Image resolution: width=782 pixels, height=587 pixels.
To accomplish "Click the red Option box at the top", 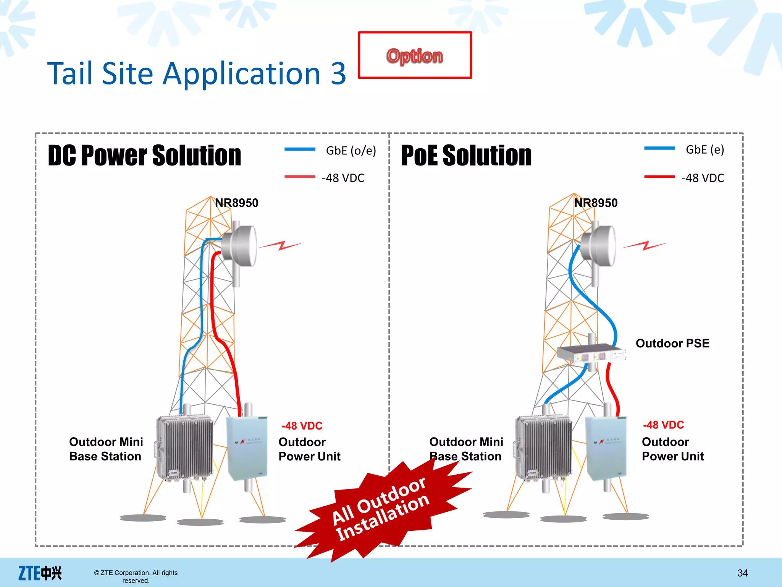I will (x=415, y=55).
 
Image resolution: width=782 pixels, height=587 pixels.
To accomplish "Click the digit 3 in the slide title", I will (x=338, y=73).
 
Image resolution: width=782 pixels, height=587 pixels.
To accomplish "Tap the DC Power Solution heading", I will (x=144, y=156).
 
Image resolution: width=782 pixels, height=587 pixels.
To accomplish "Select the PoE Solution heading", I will (x=466, y=156).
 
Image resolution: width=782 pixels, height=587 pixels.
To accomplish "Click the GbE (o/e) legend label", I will (x=351, y=151).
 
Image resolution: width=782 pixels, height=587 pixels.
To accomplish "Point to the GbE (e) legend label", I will (x=704, y=149).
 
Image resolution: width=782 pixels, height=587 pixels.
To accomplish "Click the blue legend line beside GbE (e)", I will (x=659, y=148).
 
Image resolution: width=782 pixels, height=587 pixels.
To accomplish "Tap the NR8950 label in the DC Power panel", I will (x=236, y=203).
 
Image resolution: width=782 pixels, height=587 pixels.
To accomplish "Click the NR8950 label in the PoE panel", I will (x=596, y=203).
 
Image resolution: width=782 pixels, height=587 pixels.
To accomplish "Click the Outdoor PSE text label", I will (x=672, y=343).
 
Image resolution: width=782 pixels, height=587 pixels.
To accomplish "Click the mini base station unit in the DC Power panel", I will (x=185, y=447).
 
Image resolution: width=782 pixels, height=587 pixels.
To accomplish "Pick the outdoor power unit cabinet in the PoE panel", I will (x=606, y=448).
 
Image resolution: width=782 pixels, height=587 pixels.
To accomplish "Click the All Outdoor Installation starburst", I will (x=382, y=508).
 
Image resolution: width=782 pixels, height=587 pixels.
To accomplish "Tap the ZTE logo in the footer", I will (x=40, y=573).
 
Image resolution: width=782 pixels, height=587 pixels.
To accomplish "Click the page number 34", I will (x=742, y=573).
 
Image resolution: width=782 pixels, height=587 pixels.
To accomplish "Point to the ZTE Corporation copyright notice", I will (x=136, y=576).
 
